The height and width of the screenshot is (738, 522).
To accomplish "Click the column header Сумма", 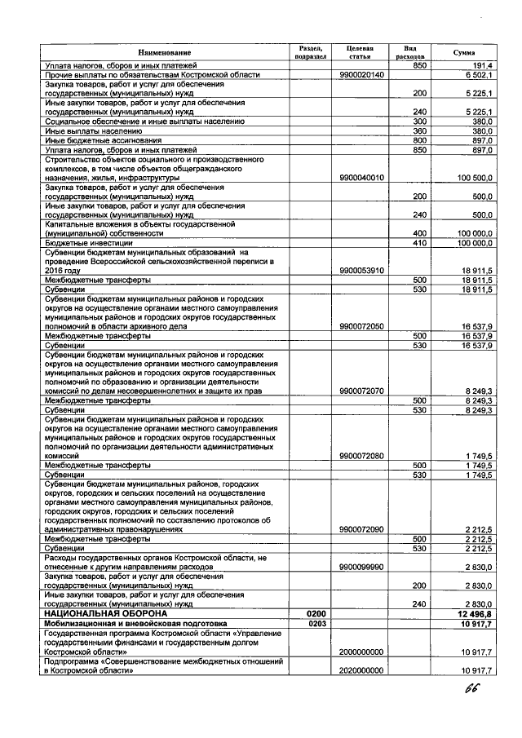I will tap(464, 53).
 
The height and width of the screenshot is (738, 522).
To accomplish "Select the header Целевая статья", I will tap(359, 53).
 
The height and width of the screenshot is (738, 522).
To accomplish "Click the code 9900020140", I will tap(361, 74).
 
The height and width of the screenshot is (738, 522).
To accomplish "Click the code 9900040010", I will tap(361, 177).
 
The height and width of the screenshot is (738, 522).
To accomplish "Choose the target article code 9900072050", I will tap(361, 326).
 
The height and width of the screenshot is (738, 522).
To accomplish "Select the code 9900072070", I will tap(361, 391).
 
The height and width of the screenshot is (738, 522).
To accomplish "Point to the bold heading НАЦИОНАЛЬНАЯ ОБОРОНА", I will tap(101, 612).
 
